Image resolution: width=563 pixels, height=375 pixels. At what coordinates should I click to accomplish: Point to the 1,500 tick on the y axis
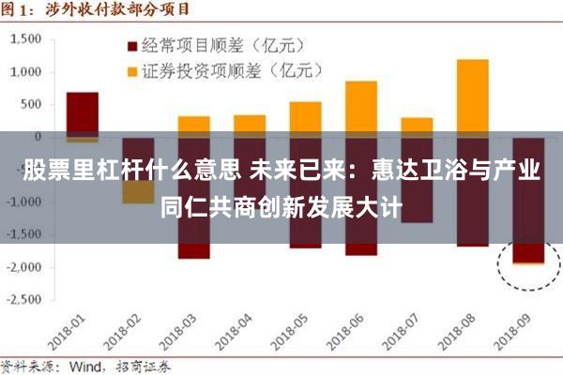tap(29, 38)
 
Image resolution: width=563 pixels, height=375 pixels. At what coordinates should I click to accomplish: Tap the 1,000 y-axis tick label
tap(29, 71)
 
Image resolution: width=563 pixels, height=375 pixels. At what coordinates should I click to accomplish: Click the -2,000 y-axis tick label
tap(26, 267)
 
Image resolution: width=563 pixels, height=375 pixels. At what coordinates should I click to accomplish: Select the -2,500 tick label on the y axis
tap(26, 300)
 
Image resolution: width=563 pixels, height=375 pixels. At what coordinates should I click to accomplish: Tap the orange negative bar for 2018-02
tap(138, 192)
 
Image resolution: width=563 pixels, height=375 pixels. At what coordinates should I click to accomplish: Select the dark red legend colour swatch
tap(132, 44)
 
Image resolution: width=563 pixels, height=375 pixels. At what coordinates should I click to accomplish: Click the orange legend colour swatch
tap(132, 70)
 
